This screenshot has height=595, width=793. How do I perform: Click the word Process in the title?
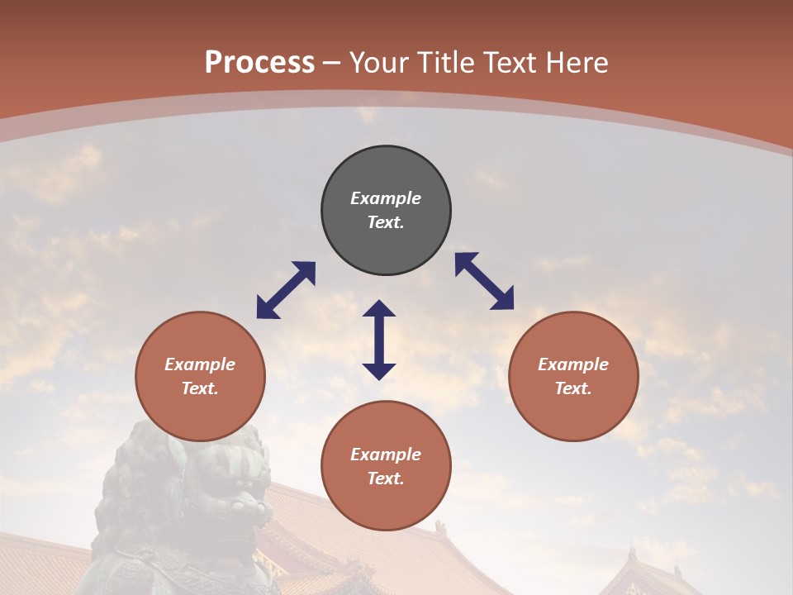259,63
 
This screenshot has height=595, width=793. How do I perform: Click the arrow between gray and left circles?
286,290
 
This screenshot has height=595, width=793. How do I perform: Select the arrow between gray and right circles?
484,281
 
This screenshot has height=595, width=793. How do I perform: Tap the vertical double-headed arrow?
379,340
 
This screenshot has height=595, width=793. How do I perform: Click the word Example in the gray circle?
386,198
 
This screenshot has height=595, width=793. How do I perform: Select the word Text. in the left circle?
200,388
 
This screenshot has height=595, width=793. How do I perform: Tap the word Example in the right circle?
573,364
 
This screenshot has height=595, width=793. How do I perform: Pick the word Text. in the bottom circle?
386,478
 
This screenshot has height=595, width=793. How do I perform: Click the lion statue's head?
190,479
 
